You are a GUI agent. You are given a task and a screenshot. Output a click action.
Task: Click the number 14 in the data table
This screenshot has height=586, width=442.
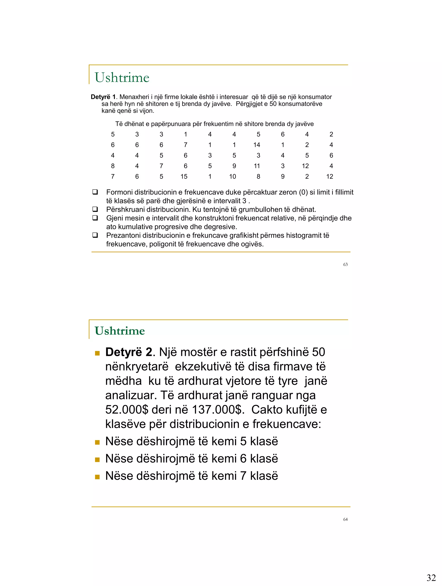tap(257, 145)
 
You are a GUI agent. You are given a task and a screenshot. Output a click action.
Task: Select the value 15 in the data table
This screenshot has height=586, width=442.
tap(184, 176)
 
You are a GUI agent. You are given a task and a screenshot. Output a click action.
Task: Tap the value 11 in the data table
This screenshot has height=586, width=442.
tap(257, 166)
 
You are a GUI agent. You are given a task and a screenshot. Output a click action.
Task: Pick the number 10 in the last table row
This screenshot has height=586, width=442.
tap(232, 176)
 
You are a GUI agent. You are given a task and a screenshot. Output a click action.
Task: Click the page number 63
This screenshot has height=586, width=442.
tap(345, 264)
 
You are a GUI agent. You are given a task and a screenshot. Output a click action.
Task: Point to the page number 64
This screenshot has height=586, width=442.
tap(345, 519)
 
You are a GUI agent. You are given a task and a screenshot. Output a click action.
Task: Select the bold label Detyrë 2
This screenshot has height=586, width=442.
tap(129, 352)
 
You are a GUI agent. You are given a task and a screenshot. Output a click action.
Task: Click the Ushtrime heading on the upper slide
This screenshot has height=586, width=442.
tap(122, 78)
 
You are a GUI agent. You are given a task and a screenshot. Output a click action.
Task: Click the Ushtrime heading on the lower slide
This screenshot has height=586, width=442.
tap(120, 331)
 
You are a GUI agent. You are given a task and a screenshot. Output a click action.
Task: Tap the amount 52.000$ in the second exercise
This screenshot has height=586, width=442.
tap(127, 410)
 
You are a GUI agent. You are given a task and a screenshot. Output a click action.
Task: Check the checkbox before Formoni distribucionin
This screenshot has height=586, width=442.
tap(95, 192)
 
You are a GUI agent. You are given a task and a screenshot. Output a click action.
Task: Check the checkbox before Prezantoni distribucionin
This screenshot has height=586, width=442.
tap(95, 235)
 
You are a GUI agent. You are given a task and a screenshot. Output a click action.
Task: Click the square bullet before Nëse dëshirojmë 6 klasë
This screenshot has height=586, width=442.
tap(97, 460)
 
